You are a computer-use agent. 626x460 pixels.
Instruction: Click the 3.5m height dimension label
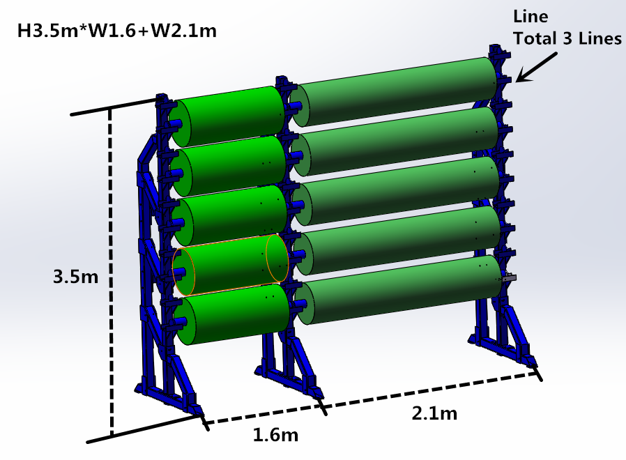pos(75,277)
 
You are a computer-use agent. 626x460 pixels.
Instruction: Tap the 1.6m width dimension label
pos(275,436)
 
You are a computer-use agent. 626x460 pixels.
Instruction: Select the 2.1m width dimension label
pos(434,413)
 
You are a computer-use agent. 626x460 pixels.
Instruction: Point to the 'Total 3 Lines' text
pos(567,39)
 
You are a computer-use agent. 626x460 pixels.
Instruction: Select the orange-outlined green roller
pos(230,265)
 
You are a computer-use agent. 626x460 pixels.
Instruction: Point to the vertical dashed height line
pos(110,272)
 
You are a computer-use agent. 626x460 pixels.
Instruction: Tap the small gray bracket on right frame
pos(509,277)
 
